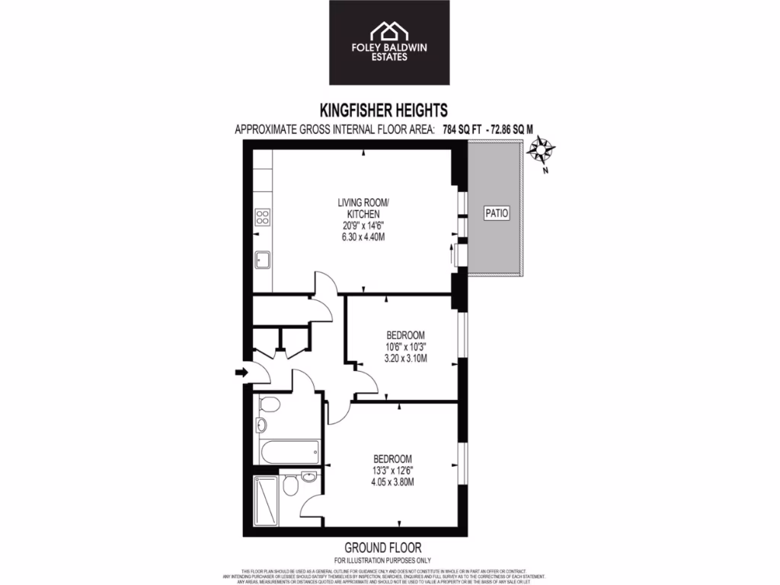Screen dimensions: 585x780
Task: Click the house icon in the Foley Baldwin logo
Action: [x=388, y=32]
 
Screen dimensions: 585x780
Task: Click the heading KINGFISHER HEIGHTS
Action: [x=389, y=110]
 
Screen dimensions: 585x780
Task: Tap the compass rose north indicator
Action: [x=542, y=149]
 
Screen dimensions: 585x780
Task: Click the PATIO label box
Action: [x=496, y=215]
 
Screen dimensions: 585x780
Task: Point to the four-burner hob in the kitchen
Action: [x=263, y=216]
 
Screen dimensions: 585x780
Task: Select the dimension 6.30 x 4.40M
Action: [x=364, y=236]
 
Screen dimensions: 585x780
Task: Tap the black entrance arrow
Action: [x=241, y=372]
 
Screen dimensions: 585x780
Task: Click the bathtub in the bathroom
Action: [x=288, y=452]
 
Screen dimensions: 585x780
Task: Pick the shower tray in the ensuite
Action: [x=266, y=497]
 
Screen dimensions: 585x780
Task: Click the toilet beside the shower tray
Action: [x=289, y=485]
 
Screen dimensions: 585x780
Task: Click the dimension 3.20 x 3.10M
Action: [x=405, y=358]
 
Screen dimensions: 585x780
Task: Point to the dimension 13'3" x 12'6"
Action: [x=393, y=470]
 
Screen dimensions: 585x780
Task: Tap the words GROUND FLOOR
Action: [x=383, y=548]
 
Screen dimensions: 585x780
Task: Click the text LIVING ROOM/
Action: [x=363, y=203]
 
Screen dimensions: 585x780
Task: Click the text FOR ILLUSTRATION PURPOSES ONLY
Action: [x=384, y=560]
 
